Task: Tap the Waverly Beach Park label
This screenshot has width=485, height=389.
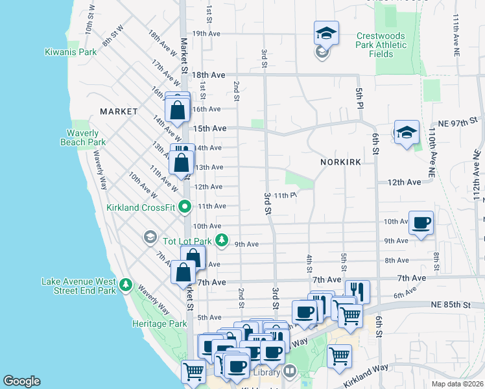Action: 83,137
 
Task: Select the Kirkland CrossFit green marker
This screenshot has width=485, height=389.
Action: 185,207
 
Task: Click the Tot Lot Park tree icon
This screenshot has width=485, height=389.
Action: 222,241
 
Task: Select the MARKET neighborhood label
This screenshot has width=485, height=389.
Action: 119,112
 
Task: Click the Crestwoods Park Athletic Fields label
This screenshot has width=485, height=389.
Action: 381,45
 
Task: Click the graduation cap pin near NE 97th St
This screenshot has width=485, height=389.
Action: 407,133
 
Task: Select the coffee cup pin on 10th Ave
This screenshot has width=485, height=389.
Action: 421,224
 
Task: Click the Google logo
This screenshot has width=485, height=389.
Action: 21,381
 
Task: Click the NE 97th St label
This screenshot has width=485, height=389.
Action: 457,121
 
